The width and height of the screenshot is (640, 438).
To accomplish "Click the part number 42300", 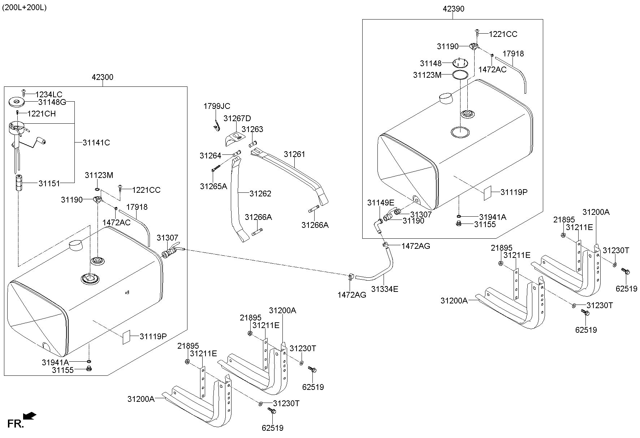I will [102, 77].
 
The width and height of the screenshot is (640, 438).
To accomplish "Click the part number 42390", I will [453, 9].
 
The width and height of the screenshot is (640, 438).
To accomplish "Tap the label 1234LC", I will [49, 95].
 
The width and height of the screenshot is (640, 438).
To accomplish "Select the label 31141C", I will [96, 143].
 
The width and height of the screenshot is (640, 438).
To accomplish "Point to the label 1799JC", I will [217, 106].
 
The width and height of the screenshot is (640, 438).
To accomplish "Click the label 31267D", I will [237, 119].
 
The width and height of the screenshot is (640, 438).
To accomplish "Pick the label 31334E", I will [385, 289].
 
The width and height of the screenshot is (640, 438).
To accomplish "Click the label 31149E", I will [381, 203].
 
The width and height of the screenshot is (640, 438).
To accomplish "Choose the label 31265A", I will [213, 186].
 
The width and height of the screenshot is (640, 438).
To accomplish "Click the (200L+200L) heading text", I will [24, 8].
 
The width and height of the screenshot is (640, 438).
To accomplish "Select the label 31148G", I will [52, 102].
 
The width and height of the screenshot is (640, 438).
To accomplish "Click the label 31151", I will [49, 183].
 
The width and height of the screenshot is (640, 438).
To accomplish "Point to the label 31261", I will [294, 154].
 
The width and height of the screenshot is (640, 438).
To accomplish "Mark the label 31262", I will [260, 194].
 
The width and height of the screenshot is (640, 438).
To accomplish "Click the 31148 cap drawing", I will [460, 63].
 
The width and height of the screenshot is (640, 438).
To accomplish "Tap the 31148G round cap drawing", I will [16, 102].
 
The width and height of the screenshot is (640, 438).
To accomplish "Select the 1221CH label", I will [42, 114].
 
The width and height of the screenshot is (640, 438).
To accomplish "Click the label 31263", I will [252, 129].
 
